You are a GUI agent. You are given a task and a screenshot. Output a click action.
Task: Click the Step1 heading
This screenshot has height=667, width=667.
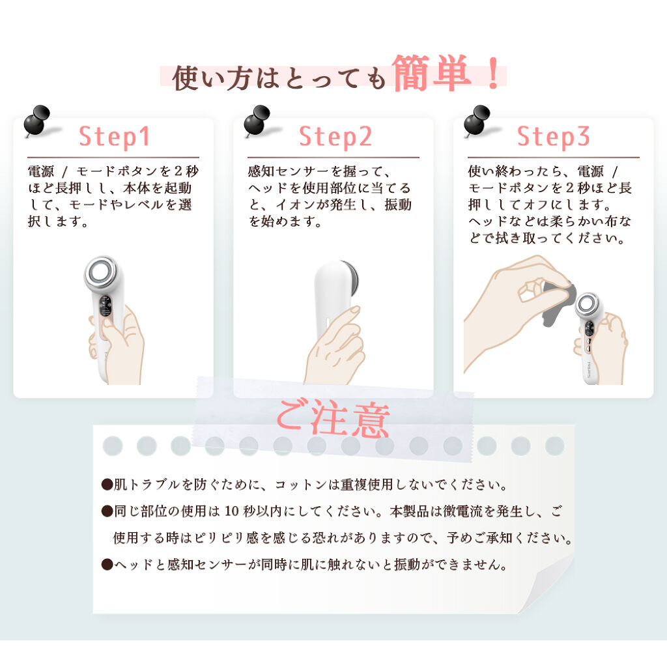point(115,137)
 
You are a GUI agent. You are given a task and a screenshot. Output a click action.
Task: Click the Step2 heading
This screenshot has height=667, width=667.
point(335,137)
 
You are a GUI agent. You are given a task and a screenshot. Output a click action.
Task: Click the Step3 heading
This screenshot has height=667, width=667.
point(554,137)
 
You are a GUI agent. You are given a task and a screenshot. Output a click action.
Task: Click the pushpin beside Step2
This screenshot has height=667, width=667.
point(257,121)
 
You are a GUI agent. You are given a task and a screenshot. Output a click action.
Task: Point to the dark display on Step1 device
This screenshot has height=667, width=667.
point(104,305)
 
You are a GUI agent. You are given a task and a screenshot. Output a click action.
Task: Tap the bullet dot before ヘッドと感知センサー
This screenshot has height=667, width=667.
point(107,565)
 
